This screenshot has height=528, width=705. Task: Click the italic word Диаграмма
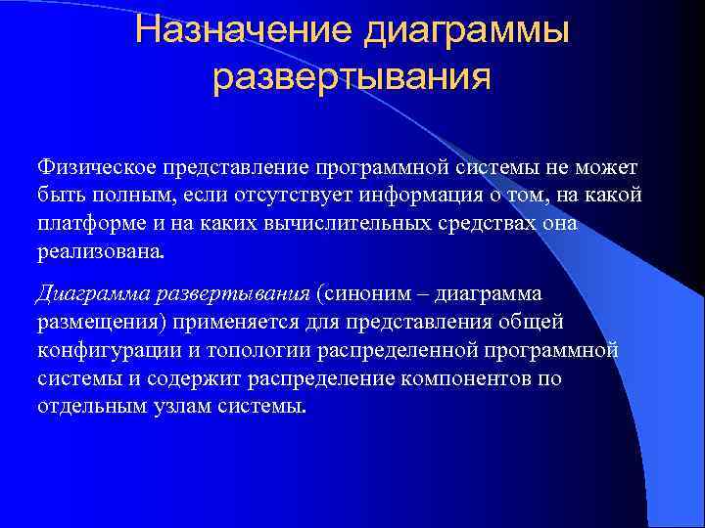pos(81,294)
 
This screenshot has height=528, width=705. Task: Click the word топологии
pos(237,349)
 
